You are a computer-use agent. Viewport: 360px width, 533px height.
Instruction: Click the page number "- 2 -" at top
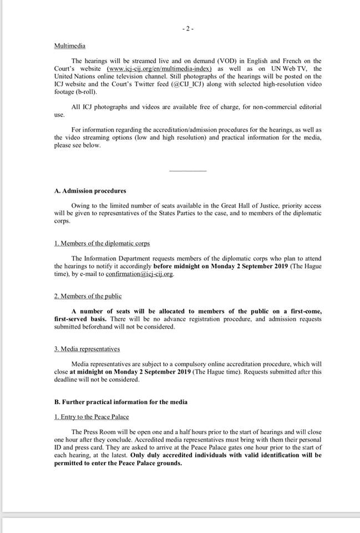[187, 28]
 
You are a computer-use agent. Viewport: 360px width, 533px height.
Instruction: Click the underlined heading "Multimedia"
[69, 46]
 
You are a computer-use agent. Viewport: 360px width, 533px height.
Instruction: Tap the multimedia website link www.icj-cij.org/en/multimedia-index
[160, 68]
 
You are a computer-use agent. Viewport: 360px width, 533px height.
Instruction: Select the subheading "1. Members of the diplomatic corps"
[102, 244]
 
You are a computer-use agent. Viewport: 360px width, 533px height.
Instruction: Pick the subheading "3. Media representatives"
[87, 349]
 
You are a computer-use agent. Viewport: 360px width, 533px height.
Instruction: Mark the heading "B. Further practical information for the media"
[120, 401]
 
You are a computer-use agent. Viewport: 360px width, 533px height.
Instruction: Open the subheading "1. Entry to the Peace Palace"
[93, 416]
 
